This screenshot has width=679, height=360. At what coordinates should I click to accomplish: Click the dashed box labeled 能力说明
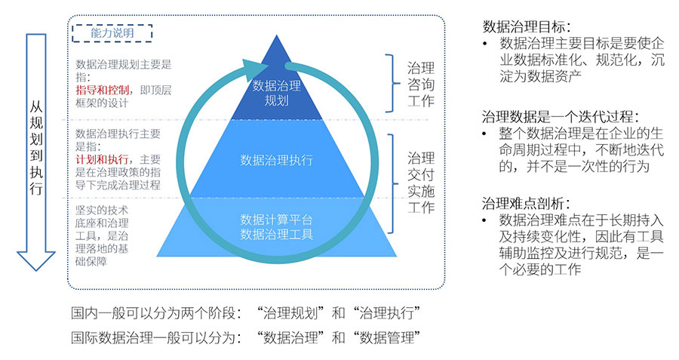coord(111,32)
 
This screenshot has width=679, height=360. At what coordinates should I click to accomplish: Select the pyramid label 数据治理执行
coord(276,160)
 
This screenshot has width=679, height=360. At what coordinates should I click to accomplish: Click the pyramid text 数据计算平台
coord(276,220)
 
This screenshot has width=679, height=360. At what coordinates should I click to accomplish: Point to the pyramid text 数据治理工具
coord(276,233)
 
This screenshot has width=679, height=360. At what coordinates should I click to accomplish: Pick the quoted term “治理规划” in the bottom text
coord(290,312)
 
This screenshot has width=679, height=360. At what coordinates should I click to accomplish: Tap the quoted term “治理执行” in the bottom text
coord(388,312)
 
